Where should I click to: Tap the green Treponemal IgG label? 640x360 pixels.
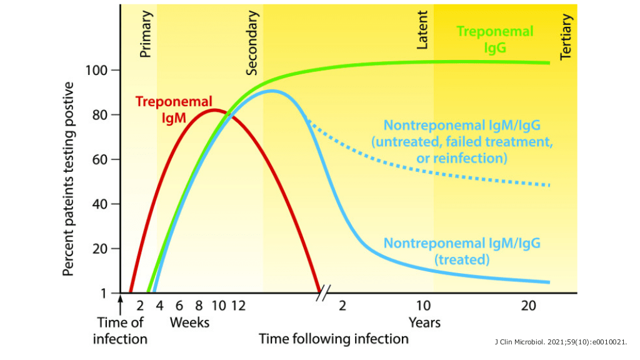(494, 39)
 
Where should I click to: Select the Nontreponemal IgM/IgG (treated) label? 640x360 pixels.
(462, 251)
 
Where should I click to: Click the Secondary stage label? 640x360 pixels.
(252, 43)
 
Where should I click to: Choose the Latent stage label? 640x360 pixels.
(423, 30)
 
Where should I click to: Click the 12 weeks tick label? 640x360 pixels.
(237, 306)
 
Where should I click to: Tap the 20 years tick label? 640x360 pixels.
(529, 306)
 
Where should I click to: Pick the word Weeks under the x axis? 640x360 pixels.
(189, 322)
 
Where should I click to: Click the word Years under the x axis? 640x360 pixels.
(424, 322)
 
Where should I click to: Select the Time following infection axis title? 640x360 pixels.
(334, 339)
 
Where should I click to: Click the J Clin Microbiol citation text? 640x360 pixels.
(560, 342)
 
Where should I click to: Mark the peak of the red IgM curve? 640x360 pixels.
(214, 110)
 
